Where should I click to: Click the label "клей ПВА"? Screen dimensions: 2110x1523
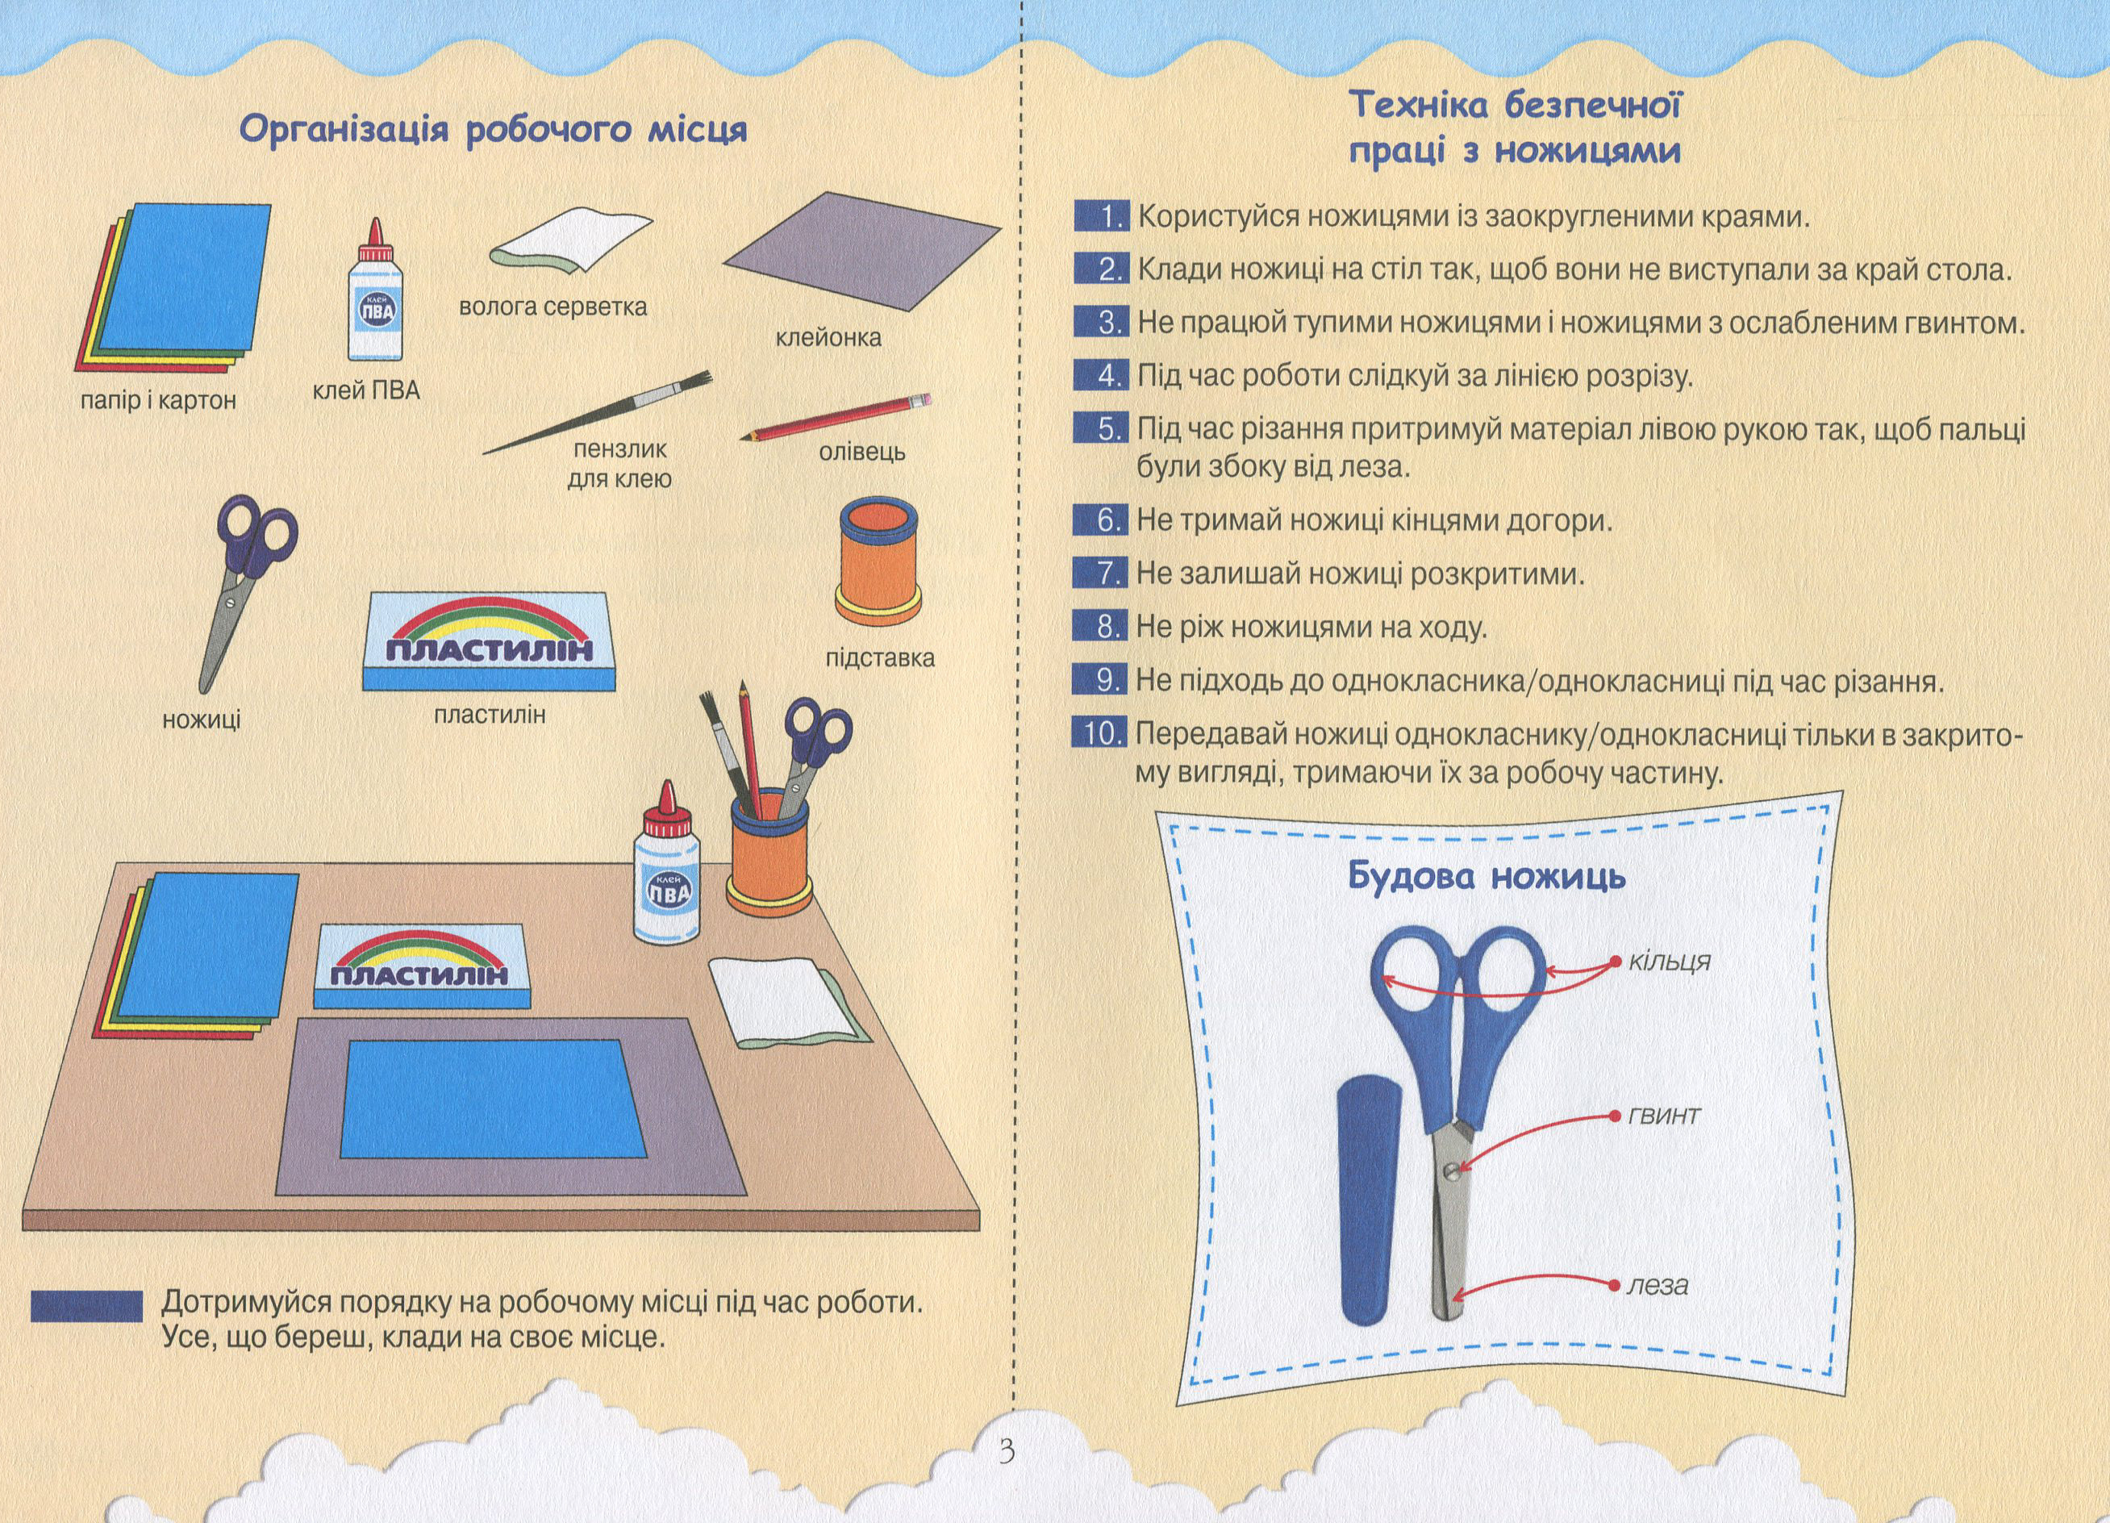[366, 390]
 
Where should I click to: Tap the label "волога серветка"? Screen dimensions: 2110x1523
[553, 307]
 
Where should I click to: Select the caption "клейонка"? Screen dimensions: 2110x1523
[829, 337]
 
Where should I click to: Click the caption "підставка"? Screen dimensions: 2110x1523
[880, 657]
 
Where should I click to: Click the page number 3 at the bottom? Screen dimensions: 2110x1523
[1007, 1450]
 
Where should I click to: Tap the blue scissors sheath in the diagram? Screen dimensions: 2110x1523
[1370, 1212]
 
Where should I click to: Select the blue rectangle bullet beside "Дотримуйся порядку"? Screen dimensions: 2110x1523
[86, 1305]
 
